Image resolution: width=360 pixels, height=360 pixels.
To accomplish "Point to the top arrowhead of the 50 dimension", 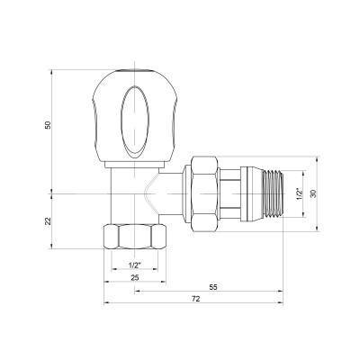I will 56,65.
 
